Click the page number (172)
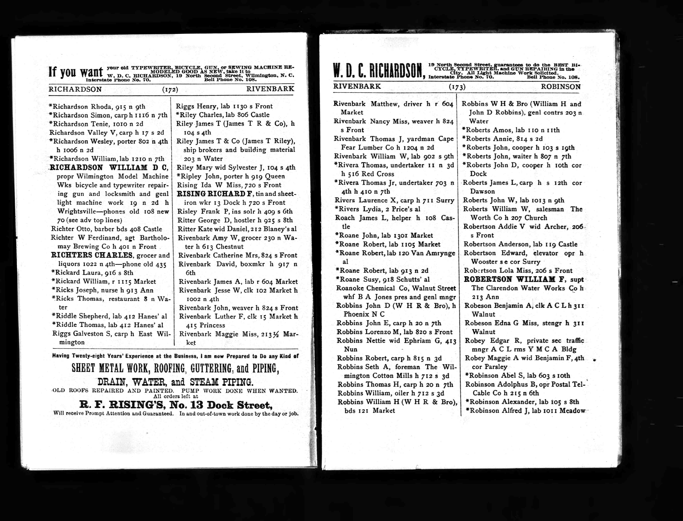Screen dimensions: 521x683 170,90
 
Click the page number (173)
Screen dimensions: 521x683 457,87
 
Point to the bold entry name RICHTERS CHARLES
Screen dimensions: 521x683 92,255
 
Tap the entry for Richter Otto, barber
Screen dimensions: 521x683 106,229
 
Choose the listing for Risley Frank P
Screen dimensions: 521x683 235,211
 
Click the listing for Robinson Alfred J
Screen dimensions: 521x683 525,411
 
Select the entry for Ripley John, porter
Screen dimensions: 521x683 230,176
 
